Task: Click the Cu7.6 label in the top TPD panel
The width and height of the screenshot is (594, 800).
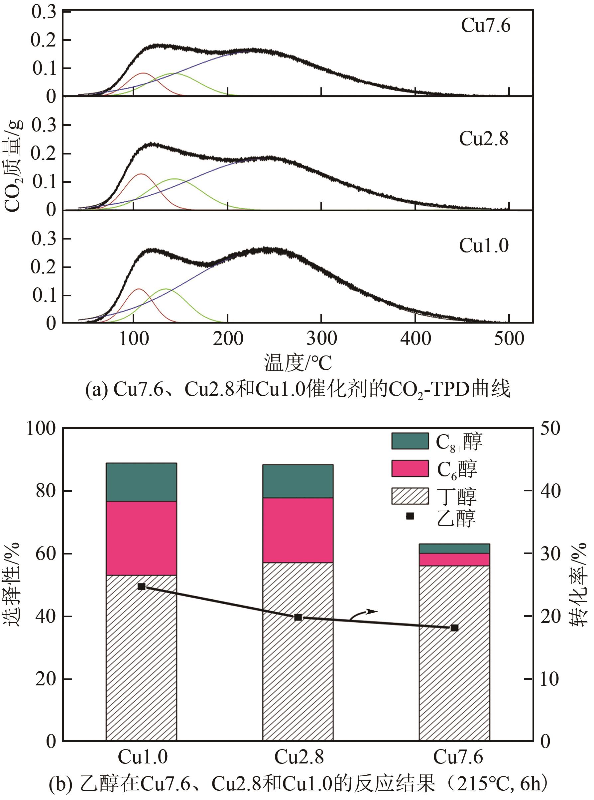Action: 485,26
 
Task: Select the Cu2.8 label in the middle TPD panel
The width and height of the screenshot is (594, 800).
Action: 484,139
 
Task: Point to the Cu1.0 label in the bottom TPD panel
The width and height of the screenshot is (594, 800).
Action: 484,246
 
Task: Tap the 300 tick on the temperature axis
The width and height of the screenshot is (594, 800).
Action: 321,339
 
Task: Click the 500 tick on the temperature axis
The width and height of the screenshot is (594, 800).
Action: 509,339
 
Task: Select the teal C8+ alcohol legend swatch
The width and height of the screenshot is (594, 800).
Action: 410,441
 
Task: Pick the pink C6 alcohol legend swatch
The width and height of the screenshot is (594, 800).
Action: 410,468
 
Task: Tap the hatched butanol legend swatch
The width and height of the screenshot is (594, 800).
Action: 410,496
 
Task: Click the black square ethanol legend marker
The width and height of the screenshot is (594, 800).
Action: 410,516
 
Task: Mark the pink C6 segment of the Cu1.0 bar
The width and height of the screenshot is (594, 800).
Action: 141,538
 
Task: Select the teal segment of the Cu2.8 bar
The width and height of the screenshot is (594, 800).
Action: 298,481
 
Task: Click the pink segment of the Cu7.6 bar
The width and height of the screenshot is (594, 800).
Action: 454,559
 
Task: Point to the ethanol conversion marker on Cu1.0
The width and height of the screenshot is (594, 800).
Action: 141,586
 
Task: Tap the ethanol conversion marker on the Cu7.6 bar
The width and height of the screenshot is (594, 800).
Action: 454,628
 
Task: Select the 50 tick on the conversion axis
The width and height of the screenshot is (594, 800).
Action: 550,428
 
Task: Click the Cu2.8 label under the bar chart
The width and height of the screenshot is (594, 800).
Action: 299,757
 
